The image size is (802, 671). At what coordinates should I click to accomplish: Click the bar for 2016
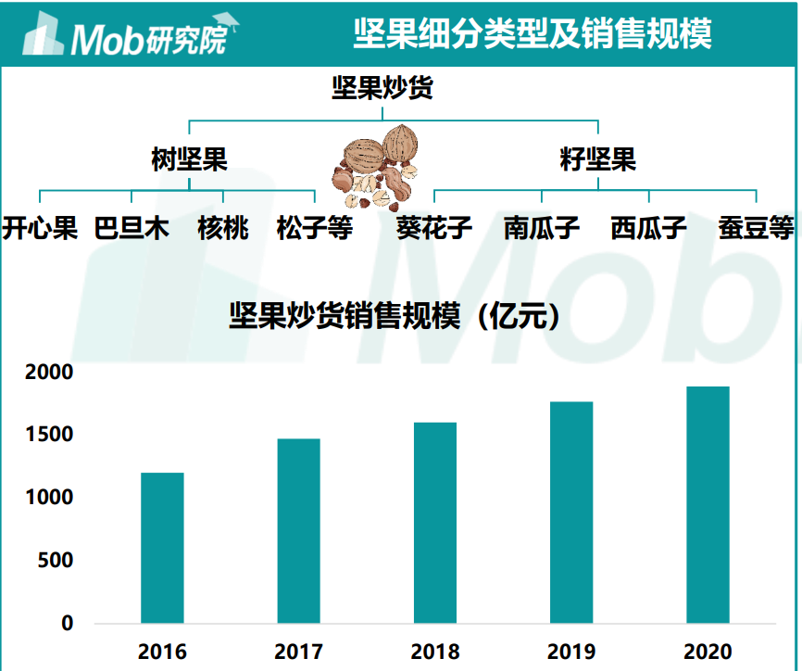coord(162,548)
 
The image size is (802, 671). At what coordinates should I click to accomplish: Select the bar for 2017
coord(298,530)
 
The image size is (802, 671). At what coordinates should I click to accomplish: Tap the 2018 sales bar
coord(435,523)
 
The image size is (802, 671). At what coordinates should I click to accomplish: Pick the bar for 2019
coord(571,512)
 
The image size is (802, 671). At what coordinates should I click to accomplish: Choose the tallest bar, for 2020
coord(708,504)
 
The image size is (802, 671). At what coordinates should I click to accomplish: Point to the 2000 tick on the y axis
coord(55,372)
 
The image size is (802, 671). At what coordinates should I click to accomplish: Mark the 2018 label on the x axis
coord(435,651)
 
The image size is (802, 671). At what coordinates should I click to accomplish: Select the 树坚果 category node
coord(189,159)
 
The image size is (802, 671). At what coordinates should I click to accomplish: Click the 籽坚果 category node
coord(598,159)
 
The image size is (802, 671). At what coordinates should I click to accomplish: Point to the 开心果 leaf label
coord(40,228)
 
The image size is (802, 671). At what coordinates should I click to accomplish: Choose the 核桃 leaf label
coord(223,228)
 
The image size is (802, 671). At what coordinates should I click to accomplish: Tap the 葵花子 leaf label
coord(434,228)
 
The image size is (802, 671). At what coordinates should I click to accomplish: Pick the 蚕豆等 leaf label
coord(757,228)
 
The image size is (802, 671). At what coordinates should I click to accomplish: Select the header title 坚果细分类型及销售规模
coord(533,34)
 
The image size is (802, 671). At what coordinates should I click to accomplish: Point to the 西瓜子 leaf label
coord(648,228)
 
